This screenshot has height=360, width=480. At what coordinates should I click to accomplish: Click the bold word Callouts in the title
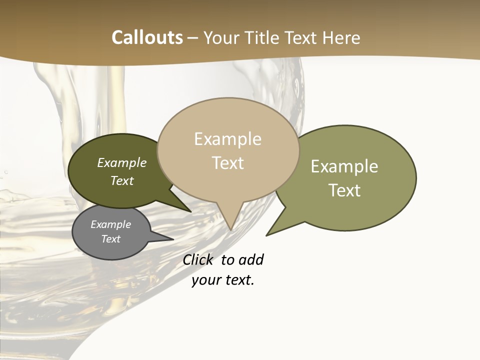pos(147,37)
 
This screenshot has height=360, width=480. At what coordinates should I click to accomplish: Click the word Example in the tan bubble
pos(227,139)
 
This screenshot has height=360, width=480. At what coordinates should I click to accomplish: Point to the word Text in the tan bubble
pos(227,162)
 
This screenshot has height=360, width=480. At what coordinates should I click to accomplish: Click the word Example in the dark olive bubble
pos(121,162)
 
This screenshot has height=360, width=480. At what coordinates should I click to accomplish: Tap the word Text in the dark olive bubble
pos(121,180)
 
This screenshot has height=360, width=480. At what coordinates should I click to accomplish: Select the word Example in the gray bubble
pos(110,224)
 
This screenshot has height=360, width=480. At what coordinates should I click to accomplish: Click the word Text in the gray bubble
pos(110,239)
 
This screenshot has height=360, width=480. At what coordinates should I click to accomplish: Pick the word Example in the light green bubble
pos(344,166)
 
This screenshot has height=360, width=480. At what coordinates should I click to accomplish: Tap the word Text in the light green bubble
pos(344,190)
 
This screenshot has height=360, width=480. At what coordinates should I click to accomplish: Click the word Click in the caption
pos(197,259)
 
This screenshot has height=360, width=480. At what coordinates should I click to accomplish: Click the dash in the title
pos(193,38)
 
